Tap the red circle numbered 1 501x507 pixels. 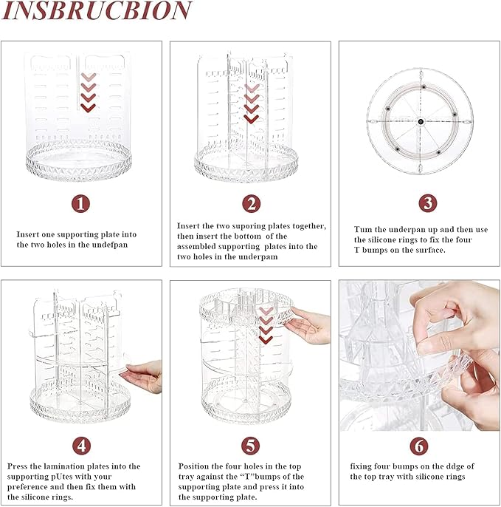coord(81,203)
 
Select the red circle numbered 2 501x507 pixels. coord(251,203)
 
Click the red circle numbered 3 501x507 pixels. coord(427,203)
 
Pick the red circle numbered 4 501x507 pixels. coord(81,445)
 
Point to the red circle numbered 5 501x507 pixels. coord(251,445)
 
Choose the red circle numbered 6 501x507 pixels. coord(419,445)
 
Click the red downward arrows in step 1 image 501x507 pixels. coord(88,92)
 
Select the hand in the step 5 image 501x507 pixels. coord(310,327)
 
